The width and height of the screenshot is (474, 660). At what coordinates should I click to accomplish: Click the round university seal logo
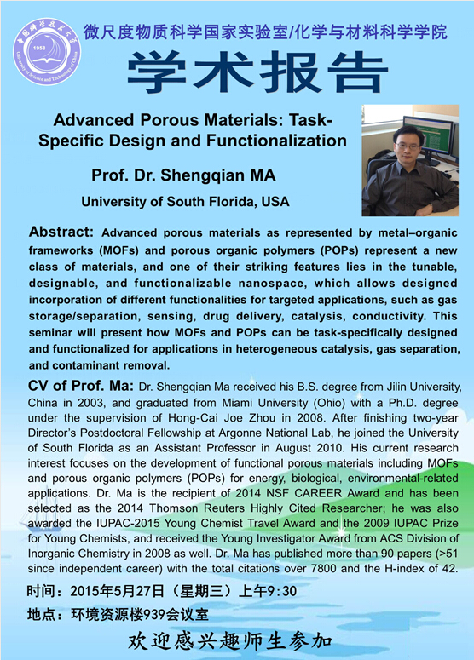47,51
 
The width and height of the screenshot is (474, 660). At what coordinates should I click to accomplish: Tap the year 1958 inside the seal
39,48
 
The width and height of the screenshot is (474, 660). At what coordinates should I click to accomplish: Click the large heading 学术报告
257,72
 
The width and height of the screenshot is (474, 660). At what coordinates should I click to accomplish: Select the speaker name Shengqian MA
218,175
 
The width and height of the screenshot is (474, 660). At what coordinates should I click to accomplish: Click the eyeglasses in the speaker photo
407,146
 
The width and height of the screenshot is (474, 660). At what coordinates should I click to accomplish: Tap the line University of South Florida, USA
185,202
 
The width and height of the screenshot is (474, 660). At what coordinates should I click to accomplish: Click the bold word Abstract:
61,232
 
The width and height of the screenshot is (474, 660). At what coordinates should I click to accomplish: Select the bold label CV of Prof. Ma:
81,385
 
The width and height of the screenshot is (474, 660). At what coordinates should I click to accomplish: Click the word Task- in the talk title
310,120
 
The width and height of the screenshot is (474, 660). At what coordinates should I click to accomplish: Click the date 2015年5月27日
117,591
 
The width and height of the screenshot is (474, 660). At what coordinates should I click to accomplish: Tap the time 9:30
282,591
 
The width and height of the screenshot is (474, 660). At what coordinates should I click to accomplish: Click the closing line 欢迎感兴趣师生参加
230,641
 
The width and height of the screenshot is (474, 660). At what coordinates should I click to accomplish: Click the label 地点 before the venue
41,615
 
